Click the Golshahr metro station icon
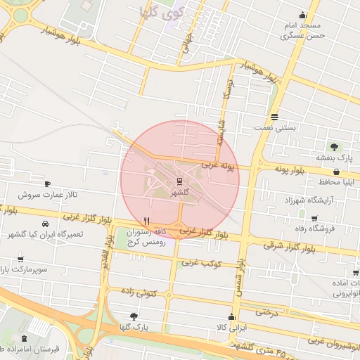pos(179,181)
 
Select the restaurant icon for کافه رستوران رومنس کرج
pos(146,219)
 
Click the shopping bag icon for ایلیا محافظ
pos(336,171)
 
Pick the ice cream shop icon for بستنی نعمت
pos(274,117)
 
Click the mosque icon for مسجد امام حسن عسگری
pos(302,15)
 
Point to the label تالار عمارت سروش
pos(47,194)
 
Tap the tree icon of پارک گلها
pos(134,316)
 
